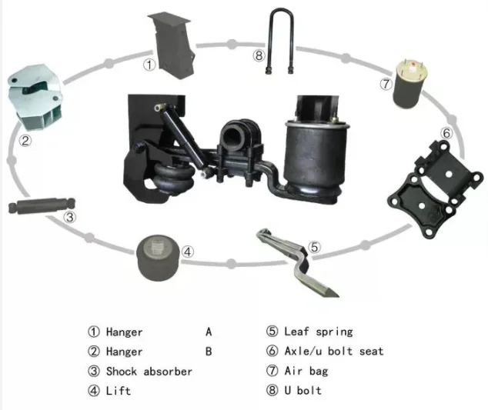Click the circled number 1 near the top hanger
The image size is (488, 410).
pyautogui.click(x=149, y=65)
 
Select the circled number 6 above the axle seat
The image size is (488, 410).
pyautogui.click(x=446, y=133)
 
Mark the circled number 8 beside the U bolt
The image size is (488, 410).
pyautogui.click(x=259, y=55)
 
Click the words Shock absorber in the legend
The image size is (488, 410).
pyautogui.click(x=149, y=371)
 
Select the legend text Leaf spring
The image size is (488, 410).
pyautogui.click(x=318, y=332)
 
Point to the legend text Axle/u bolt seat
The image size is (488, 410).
pyautogui.click(x=333, y=351)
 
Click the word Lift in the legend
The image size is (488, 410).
pyautogui.click(x=119, y=390)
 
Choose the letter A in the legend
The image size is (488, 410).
pyautogui.click(x=209, y=332)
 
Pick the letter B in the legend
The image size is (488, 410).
pyautogui.click(x=209, y=352)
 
